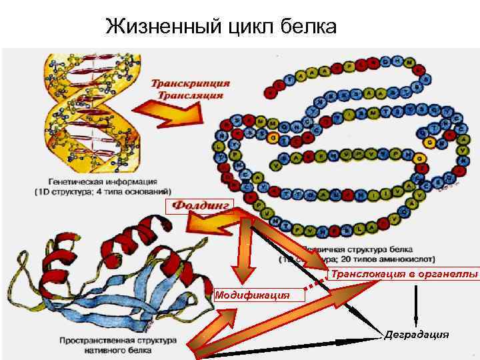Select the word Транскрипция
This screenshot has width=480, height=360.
(x=191, y=83)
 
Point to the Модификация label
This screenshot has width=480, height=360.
(x=252, y=294)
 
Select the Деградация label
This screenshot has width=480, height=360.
(x=417, y=335)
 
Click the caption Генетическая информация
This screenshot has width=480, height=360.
(x=103, y=181)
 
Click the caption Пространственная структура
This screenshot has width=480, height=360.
(x=117, y=340)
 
